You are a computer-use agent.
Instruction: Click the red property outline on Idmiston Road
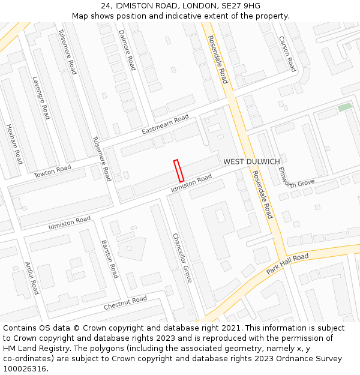pyautogui.click(x=178, y=170)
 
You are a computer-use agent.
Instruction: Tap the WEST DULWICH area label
pyautogui.click(x=251, y=162)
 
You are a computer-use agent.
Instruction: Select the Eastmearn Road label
pyautogui.click(x=165, y=124)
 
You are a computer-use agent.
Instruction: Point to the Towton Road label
pyautogui.click(x=52, y=171)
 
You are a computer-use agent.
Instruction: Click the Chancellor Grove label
pyautogui.click(x=182, y=258)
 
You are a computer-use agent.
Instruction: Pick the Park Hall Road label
pyautogui.click(x=287, y=264)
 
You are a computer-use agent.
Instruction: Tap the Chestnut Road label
pyautogui.click(x=125, y=303)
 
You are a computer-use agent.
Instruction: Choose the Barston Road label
pyautogui.click(x=110, y=259)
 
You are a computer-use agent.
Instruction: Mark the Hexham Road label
pyautogui.click(x=14, y=144)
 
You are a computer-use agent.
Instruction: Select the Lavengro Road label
pyautogui.click(x=41, y=97)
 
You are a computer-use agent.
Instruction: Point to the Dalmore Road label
pyautogui.click(x=127, y=50)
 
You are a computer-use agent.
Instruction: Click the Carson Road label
pyautogui.click(x=287, y=53)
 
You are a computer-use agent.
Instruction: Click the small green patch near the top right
pyautogui.click(x=344, y=107)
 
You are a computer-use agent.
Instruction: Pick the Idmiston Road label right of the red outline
pyautogui.click(x=191, y=183)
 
